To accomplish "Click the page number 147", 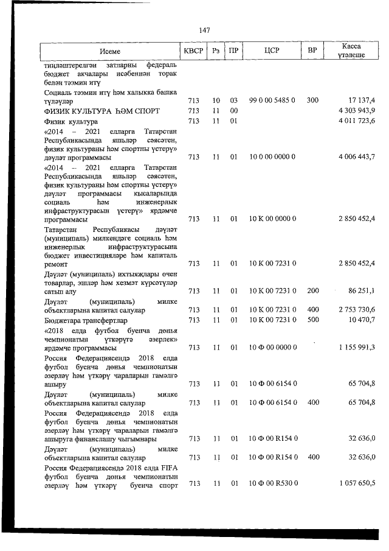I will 204,30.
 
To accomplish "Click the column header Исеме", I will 111,51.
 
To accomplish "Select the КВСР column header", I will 193,51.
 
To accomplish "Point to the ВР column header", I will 312,51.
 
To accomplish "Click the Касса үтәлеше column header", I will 351,51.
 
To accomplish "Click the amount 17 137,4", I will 359,100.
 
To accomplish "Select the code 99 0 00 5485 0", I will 272,100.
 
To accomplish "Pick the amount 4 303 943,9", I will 356,110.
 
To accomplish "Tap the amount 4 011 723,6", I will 356,121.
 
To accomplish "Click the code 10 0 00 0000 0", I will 272,156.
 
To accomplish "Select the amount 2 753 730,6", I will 356,310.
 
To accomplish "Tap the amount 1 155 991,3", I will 356,347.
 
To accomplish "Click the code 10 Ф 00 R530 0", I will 272,483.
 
